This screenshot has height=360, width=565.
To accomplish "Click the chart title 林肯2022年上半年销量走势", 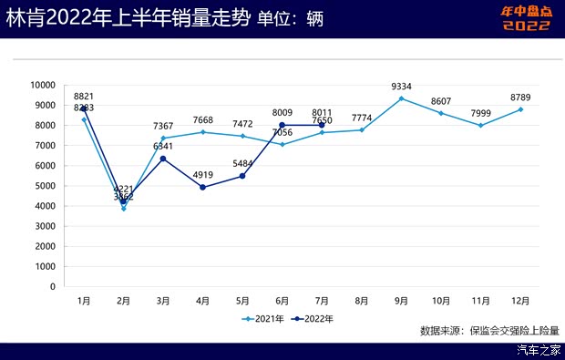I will pos(127,18).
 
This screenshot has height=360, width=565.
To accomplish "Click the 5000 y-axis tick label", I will pos(44,186).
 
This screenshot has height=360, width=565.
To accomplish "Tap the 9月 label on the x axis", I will pos(401,299).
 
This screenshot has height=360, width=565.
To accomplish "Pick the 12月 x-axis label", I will pos(520,299).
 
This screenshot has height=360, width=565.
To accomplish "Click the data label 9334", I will pos(402,87).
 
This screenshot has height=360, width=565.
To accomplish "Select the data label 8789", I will pos(521,97).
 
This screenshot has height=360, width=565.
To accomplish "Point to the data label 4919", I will pos(202,175).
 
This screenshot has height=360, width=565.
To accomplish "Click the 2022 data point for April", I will pos(202,187).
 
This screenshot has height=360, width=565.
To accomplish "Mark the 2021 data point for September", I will pos(401,98).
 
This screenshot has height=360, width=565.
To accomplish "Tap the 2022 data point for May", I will pos(242,176).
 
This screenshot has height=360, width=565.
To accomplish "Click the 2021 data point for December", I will pos(520,109).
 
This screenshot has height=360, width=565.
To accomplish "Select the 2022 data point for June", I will pos(282,125).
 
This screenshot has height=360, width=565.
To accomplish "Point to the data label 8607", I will pos(441,101).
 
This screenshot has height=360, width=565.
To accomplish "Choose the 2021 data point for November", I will pos(480,125).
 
